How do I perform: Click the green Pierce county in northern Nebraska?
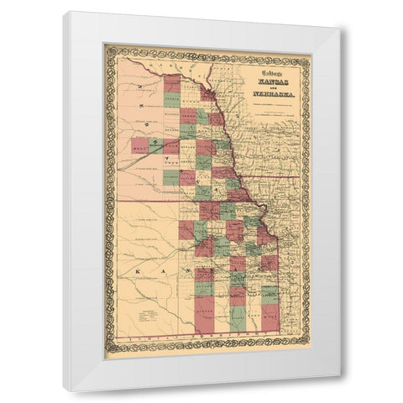pos(171,100)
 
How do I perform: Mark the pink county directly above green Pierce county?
pos(171,82)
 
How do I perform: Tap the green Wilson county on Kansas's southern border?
pos(238,318)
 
